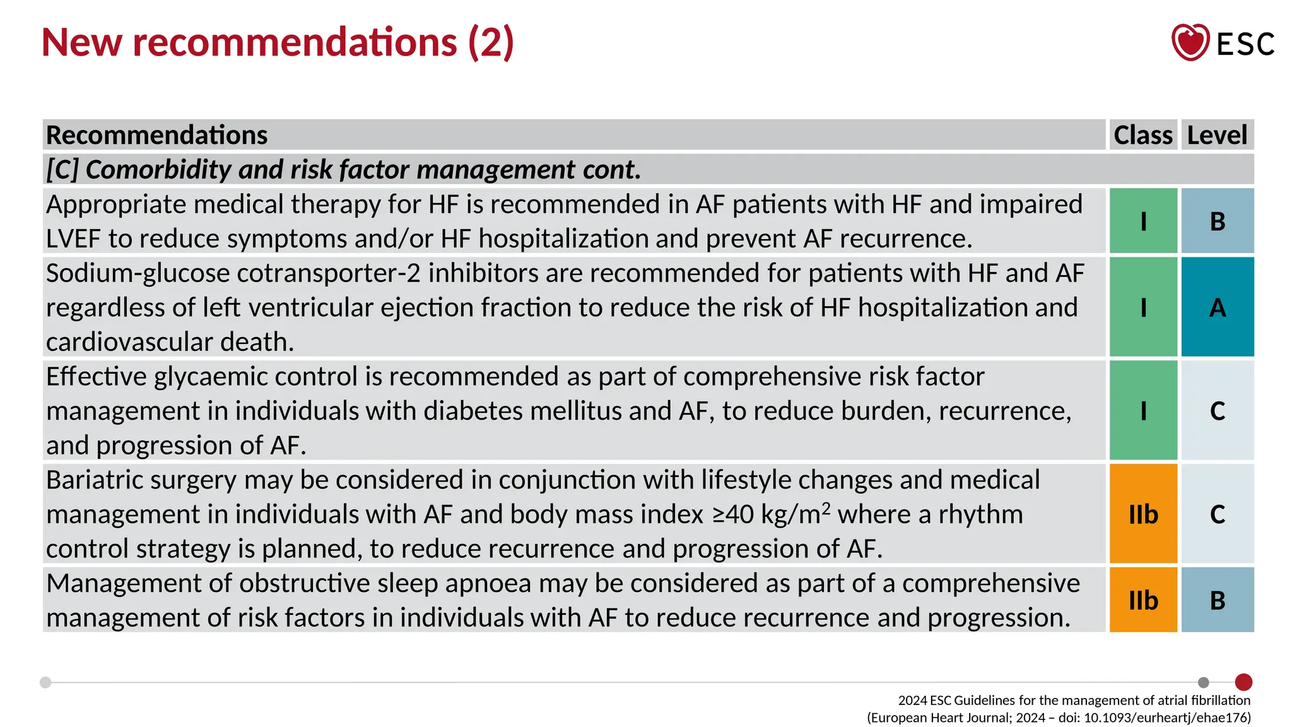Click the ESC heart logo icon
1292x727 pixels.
[1190, 42]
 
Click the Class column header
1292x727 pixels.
[1143, 135]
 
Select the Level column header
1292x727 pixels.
[1217, 135]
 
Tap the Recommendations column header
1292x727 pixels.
[157, 135]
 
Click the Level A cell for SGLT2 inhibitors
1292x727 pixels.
[1218, 307]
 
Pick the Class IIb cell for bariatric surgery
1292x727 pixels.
[1143, 514]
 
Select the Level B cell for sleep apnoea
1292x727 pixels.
[1218, 600]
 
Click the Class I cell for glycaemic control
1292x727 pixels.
[1143, 411]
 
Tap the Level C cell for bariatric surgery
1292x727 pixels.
[1218, 514]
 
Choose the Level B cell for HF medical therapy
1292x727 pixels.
[1218, 222]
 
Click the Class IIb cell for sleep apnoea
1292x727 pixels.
[1143, 600]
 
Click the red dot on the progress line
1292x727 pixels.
[1243, 682]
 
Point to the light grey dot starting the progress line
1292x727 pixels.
[45, 682]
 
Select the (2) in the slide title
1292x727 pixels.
[491, 42]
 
